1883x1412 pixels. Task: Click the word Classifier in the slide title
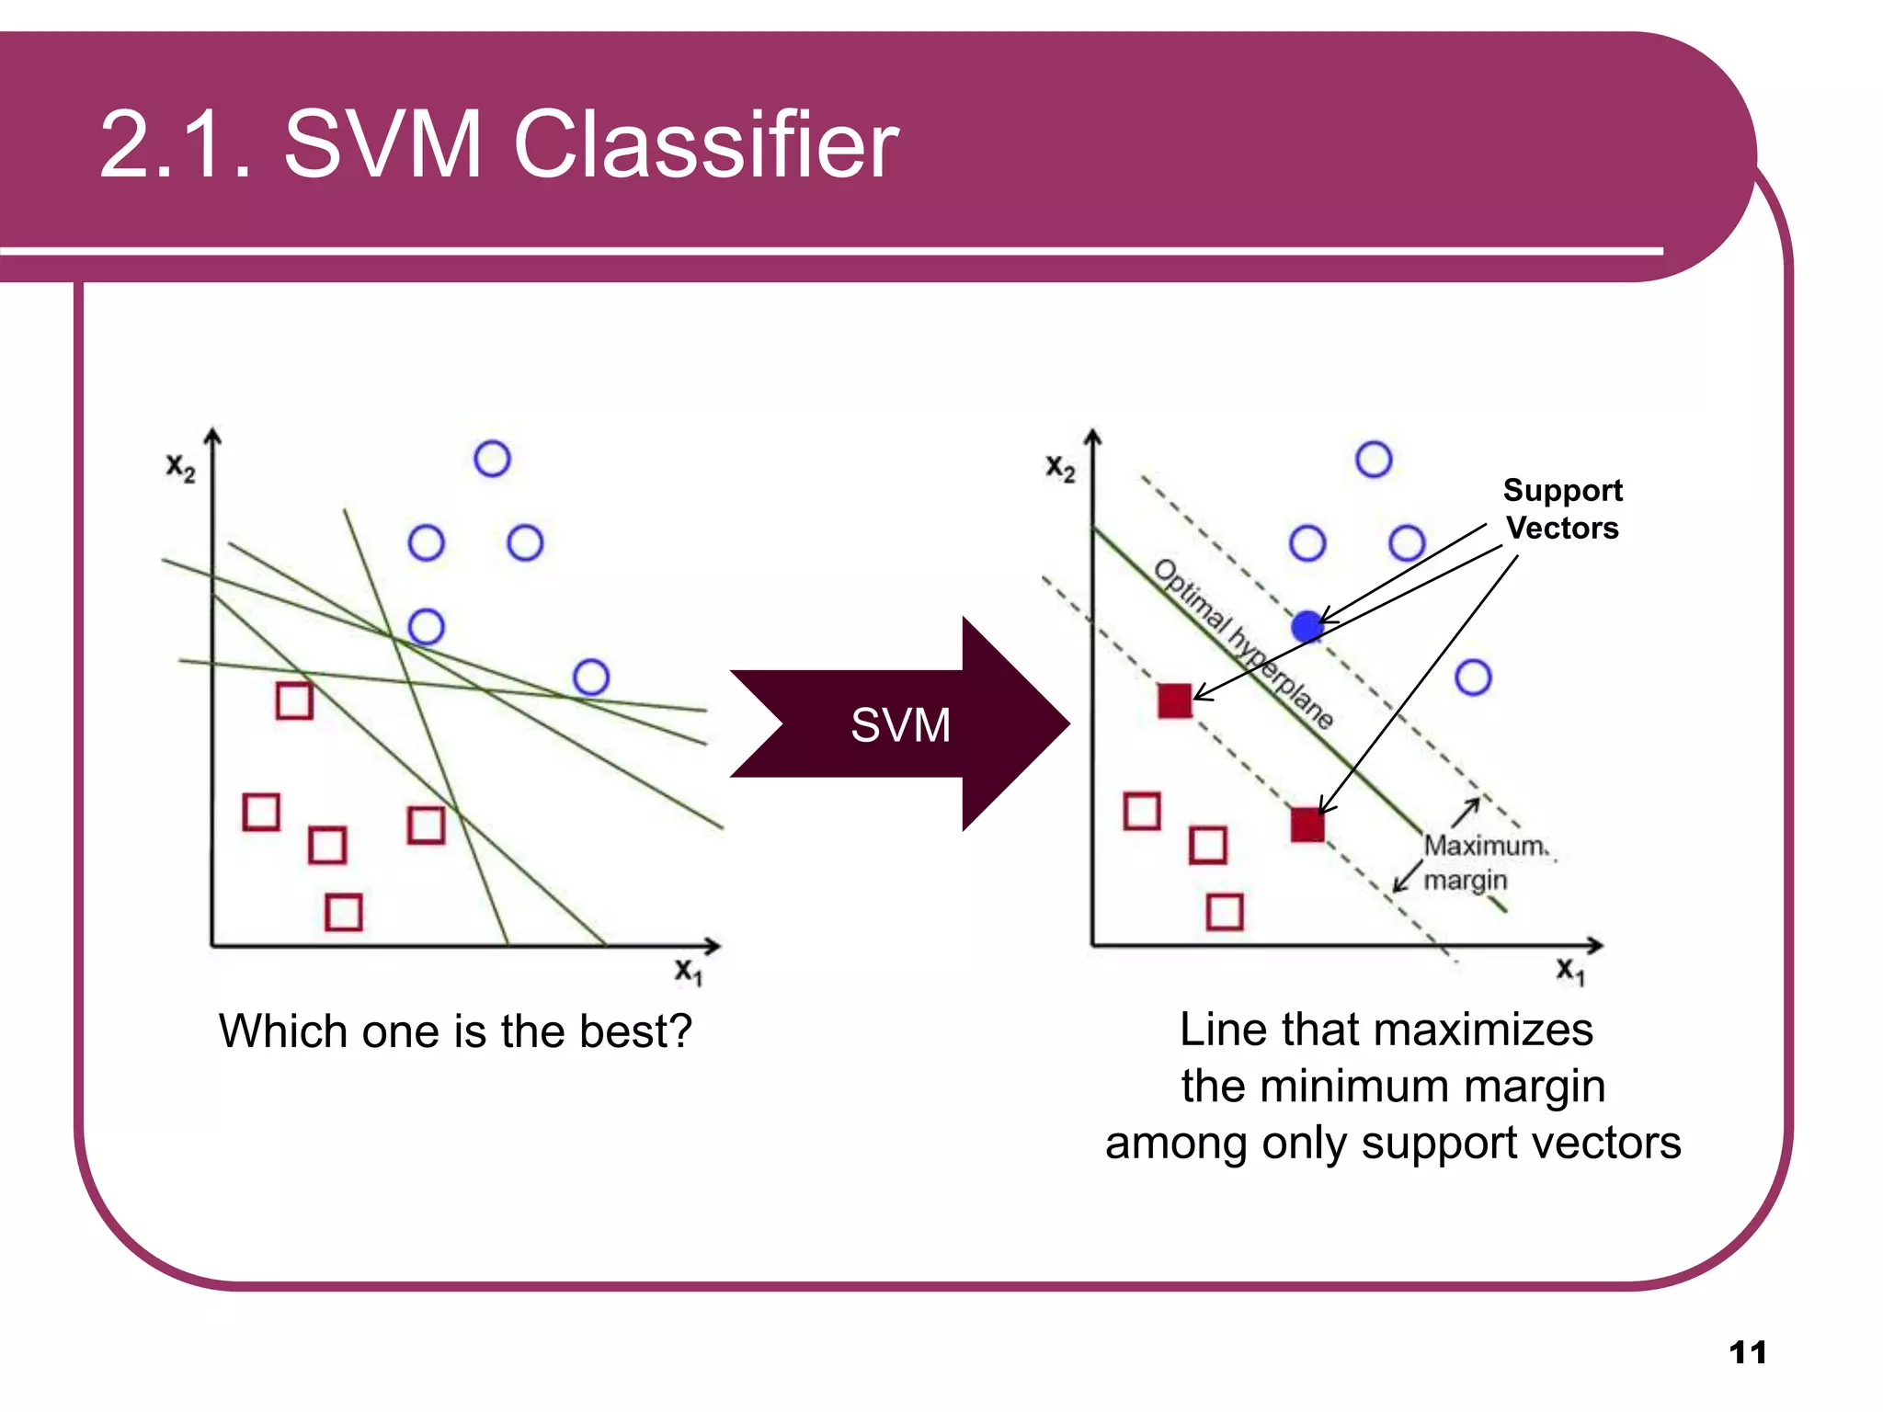(705, 144)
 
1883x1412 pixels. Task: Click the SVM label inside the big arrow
(900, 725)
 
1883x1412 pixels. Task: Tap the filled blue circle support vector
(1307, 626)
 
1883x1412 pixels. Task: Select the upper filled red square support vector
(1175, 700)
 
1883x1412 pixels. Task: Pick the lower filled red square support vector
(1307, 825)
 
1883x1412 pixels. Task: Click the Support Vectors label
(1562, 509)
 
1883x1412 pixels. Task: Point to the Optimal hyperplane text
(1242, 643)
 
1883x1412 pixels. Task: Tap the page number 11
(1747, 1352)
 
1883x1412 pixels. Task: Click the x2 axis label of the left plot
(180, 467)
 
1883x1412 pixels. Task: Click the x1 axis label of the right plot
(1570, 971)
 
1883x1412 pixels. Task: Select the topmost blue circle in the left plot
(492, 459)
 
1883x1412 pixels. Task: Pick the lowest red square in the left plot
(344, 912)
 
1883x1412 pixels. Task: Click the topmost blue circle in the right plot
(1374, 459)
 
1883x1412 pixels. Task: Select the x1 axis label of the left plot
(689, 971)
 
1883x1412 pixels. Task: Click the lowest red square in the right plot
(1225, 912)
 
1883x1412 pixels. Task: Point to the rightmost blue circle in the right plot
(1473, 678)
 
